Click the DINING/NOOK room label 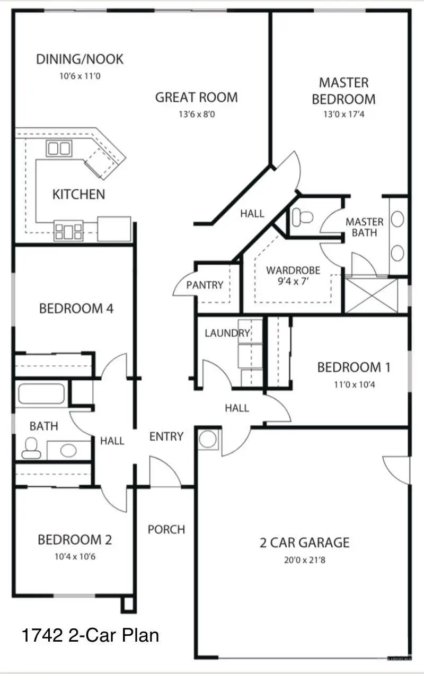tap(79, 59)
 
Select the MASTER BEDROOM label tap(343, 91)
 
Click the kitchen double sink tap(59, 148)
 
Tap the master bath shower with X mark tap(371, 295)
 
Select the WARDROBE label tap(293, 270)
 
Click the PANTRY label tap(205, 285)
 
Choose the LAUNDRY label tap(227, 334)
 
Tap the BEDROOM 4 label tap(76, 308)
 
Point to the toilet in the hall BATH tap(31, 448)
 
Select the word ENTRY tap(166, 436)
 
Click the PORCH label tap(166, 529)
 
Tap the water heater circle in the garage tap(208, 439)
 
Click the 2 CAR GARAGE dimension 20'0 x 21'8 tap(304, 559)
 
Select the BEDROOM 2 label tap(75, 540)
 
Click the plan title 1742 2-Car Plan tap(91, 635)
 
